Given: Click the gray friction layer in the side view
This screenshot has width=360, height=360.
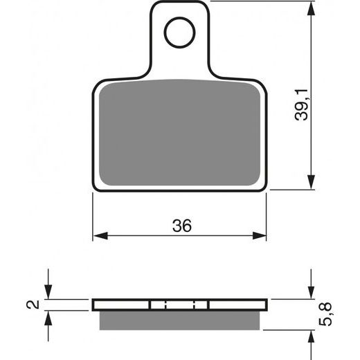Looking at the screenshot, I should tap(180, 319).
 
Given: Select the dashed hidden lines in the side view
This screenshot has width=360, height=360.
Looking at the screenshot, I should tap(180, 305).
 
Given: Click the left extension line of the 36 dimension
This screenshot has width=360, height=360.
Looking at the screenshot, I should tap(93, 215).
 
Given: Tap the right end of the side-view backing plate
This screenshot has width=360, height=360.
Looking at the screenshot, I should tap(266, 305).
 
